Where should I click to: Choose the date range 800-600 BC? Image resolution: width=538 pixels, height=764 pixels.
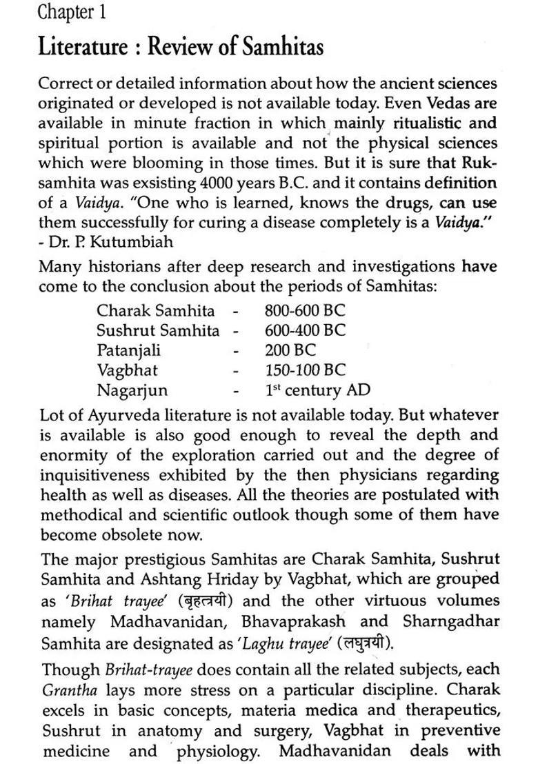click(305, 310)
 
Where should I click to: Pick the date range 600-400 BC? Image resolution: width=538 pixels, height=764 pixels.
click(305, 330)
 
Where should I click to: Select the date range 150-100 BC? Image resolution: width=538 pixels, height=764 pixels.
click(305, 370)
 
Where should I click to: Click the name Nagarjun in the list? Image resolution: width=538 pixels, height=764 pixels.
click(132, 390)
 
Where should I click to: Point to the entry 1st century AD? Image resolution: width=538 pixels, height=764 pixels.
click(317, 390)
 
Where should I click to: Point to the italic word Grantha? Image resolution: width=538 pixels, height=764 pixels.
click(67, 690)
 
